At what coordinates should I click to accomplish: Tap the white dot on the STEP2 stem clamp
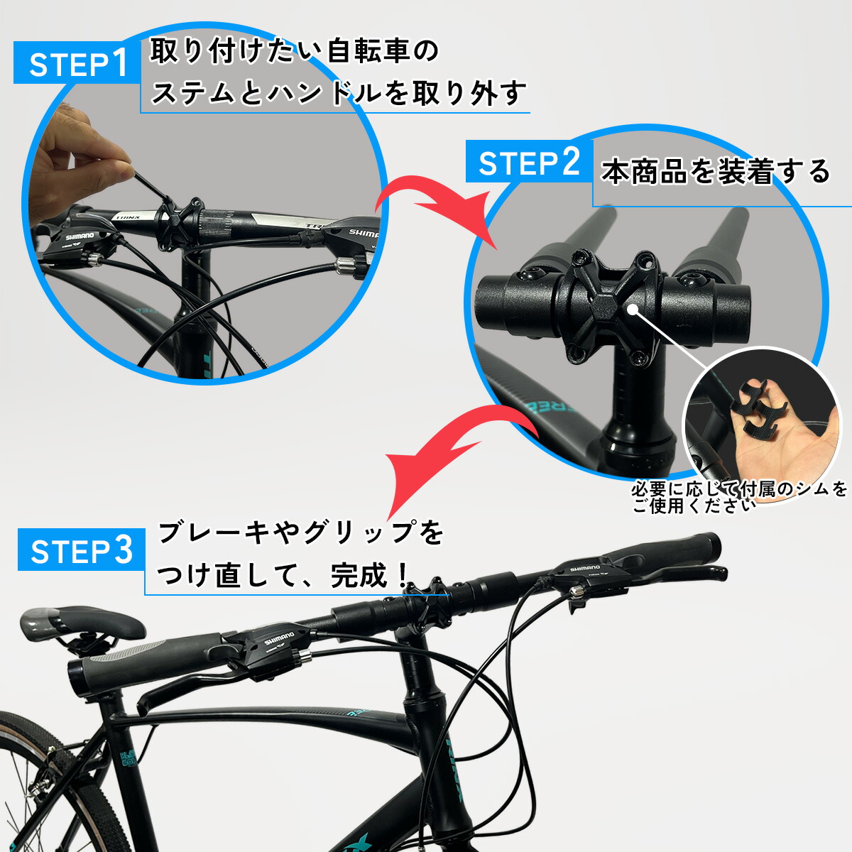pyautogui.click(x=631, y=308)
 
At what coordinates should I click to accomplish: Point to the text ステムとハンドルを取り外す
pyautogui.click(x=338, y=93)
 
